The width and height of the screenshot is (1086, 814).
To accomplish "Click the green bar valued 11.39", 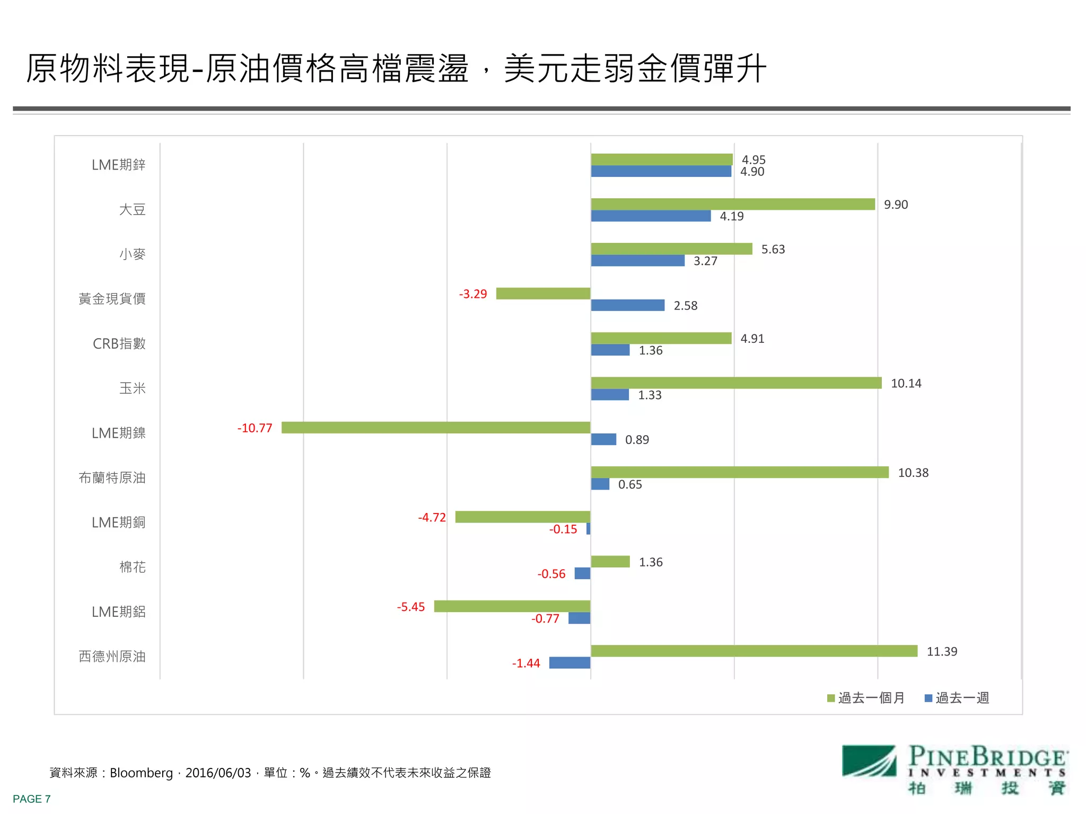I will click(754, 651).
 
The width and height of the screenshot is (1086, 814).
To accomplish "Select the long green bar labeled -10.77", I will click(435, 427).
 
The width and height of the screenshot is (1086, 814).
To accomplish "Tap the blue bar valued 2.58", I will click(627, 305).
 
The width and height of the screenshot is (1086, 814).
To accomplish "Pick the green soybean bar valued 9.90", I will click(732, 204).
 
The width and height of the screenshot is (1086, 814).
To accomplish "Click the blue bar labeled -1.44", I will click(570, 662).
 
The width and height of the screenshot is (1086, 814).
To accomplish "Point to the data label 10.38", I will click(913, 473).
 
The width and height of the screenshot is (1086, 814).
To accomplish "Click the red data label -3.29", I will click(472, 294).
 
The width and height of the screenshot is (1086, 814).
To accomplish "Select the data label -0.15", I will click(563, 529).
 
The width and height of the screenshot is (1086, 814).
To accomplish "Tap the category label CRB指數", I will click(119, 343).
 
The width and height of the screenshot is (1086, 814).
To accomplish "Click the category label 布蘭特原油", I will click(112, 477).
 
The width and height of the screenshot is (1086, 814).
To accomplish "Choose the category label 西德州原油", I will click(112, 656).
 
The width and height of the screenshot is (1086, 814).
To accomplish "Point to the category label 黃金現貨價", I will click(112, 299).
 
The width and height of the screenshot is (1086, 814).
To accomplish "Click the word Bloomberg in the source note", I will click(141, 773).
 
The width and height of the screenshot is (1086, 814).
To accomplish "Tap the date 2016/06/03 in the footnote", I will click(218, 773).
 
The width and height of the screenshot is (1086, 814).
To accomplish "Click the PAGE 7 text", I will click(32, 799).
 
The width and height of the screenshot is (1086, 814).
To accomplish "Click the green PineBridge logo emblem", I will click(869, 761).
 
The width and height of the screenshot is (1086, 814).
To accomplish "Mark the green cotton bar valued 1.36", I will click(610, 561).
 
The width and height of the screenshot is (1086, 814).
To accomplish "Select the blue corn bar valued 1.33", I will click(609, 395).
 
